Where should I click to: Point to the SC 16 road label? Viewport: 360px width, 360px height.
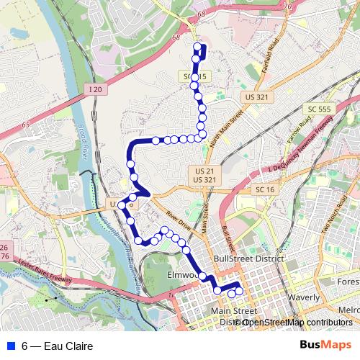point(265,189)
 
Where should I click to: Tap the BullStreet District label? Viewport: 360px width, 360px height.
point(247,258)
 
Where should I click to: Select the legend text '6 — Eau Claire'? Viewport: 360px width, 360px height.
point(57,346)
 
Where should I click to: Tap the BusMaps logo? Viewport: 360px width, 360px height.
point(325,346)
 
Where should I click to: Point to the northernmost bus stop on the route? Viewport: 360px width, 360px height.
point(197,48)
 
